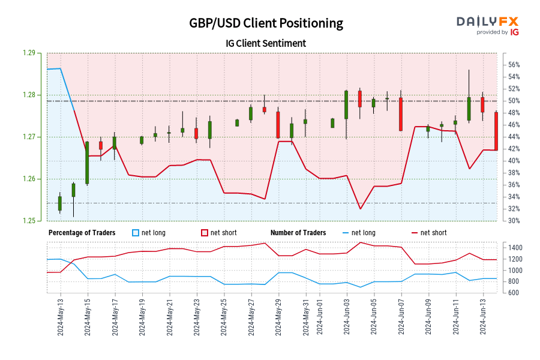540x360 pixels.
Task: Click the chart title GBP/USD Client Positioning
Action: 266,23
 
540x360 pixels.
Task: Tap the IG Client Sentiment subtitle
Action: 266,43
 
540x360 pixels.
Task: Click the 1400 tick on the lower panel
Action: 517,248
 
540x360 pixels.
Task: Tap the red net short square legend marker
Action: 204,233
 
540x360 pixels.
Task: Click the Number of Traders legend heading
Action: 298,233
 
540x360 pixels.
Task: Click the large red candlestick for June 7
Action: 401,114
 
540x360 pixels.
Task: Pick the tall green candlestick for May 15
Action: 87,163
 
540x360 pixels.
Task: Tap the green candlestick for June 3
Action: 346,104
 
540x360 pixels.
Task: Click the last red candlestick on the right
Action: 496,131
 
